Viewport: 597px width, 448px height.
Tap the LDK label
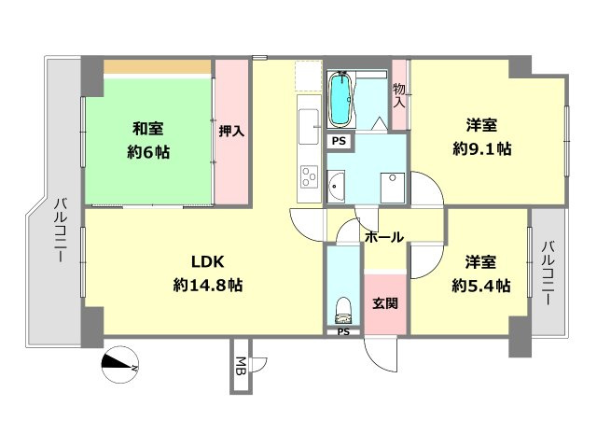[x=208, y=261]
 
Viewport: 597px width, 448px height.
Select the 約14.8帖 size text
[x=208, y=286]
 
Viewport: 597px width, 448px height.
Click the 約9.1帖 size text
[x=481, y=148]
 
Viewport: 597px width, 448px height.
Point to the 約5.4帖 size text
[x=481, y=286]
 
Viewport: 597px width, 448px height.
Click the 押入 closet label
[x=232, y=132]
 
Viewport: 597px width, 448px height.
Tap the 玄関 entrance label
[x=385, y=303]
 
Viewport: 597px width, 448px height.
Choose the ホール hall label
[x=384, y=237]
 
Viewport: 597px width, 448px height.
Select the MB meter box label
[x=241, y=365]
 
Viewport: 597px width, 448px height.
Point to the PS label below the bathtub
[x=339, y=141]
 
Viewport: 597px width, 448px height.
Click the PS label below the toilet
[x=342, y=331]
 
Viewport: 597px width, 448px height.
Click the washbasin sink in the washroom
[x=337, y=187]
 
